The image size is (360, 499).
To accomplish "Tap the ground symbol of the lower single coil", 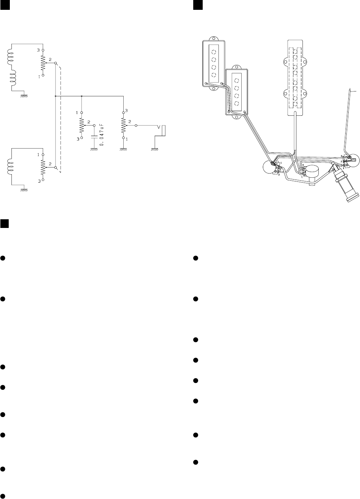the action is tap(24, 190).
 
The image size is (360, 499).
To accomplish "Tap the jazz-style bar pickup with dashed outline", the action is tap(295, 76).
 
